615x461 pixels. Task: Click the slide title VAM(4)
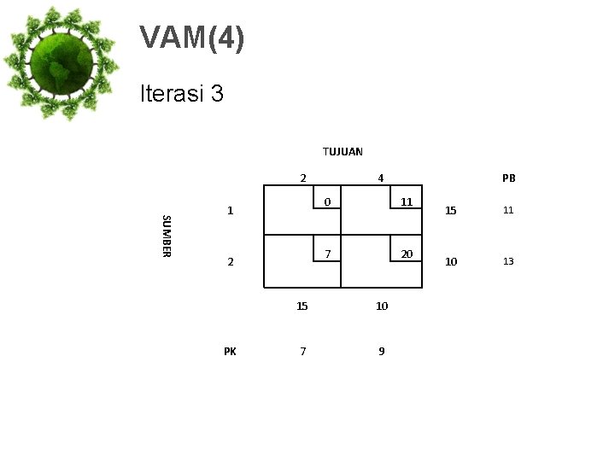tap(192, 38)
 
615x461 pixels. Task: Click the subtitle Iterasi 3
tap(182, 93)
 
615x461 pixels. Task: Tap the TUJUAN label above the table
tap(343, 151)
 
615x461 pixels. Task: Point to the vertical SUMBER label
tap(167, 235)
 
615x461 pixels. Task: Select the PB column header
tap(509, 178)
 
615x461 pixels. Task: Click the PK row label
tap(230, 350)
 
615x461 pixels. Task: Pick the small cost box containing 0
tap(326, 202)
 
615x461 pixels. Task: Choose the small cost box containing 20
tap(407, 254)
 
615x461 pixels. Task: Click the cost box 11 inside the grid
tap(407, 202)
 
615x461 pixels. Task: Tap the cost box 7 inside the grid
tap(326, 254)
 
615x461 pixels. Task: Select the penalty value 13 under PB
tap(508, 261)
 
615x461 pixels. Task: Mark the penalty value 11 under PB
tap(508, 210)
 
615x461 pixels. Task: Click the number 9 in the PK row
tap(382, 351)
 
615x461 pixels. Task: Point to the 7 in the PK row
tap(303, 351)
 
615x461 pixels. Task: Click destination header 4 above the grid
tap(381, 178)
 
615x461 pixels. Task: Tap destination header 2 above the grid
tap(302, 178)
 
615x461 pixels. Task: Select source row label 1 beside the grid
tap(230, 210)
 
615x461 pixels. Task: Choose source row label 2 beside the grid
tap(230, 262)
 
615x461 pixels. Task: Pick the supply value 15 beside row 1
tap(451, 210)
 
